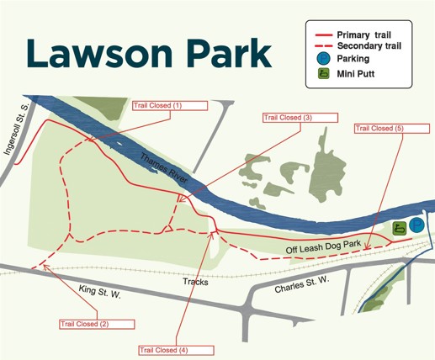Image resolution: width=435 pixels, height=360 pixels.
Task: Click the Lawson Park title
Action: [147, 53]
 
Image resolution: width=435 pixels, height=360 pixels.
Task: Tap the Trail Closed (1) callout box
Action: [168, 105]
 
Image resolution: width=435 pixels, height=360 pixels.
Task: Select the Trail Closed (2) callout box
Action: [96, 324]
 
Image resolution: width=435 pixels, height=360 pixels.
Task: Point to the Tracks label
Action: [195, 282]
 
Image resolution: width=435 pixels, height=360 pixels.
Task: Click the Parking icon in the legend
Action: [321, 59]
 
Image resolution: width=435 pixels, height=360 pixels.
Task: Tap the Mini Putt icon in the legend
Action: [321, 74]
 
